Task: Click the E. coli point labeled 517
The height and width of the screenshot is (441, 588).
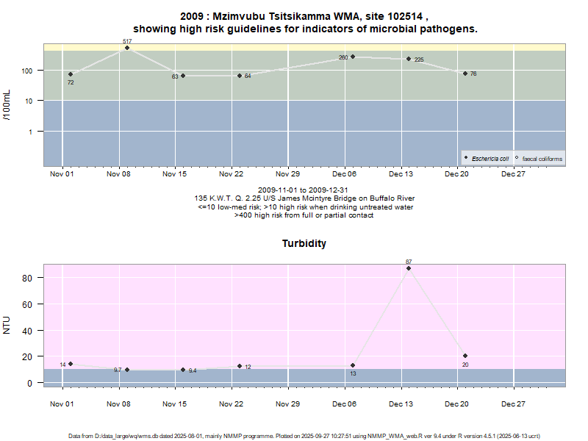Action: point(127,48)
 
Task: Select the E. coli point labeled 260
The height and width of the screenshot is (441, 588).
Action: point(353,57)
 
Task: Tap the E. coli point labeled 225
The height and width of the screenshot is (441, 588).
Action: point(409,59)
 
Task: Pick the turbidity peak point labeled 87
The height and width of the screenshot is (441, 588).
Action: point(409,268)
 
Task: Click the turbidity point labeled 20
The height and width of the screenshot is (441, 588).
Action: point(465,356)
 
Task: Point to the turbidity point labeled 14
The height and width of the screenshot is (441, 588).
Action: point(71,364)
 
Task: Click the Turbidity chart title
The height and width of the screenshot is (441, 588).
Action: point(304,243)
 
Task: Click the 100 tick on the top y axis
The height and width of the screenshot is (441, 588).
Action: point(30,71)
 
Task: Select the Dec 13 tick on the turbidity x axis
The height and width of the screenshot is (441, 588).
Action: point(401,404)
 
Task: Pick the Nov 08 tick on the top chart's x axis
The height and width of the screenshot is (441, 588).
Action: point(118,174)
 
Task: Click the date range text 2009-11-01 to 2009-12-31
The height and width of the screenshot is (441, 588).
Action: point(304,190)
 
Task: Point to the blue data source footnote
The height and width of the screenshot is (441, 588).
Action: point(304,436)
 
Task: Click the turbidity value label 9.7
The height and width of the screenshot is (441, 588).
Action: point(118,370)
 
